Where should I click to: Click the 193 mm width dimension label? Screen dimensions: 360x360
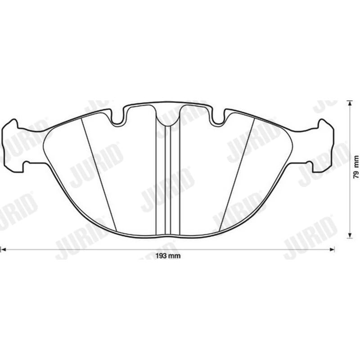click(x=168, y=256)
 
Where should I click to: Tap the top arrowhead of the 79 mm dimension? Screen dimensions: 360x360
click(x=350, y=103)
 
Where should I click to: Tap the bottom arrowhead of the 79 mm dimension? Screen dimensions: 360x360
click(x=350, y=236)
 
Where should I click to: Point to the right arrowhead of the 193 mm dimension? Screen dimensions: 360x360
click(x=332, y=249)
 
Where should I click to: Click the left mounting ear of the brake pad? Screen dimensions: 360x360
click(x=14, y=145)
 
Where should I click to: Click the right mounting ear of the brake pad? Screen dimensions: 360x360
click(x=322, y=145)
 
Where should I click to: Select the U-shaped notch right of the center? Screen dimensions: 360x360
click(x=218, y=118)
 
